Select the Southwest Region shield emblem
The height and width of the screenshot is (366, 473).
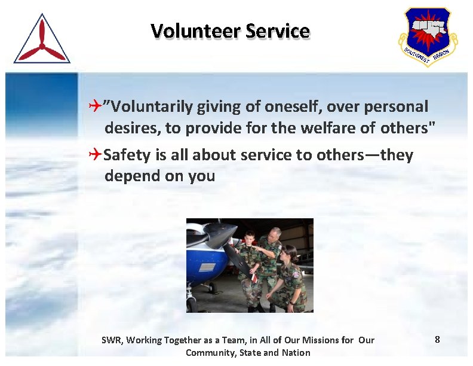point(428,36)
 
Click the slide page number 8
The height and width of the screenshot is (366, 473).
point(437,340)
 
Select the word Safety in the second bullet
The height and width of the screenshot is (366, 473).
point(127,155)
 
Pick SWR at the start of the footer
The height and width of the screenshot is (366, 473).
point(111,340)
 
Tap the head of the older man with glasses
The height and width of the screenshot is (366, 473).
point(274,235)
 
